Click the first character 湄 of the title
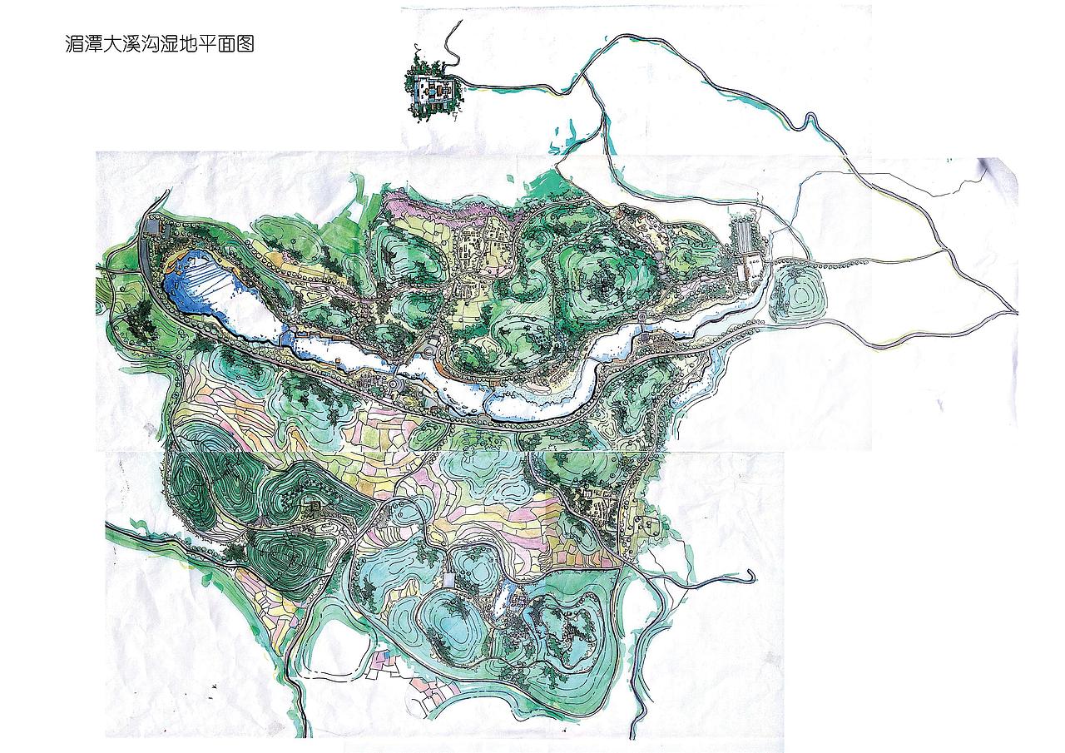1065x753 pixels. point(73,45)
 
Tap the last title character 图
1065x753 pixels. point(244,45)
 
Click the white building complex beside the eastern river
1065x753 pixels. point(751,270)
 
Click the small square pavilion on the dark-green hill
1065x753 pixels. point(315,505)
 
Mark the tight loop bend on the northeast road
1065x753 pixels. point(805,122)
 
